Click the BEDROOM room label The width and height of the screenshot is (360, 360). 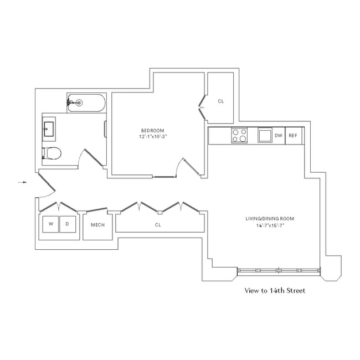153,130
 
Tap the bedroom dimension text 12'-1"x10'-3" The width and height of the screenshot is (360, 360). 153,136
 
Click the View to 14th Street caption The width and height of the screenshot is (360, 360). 275,290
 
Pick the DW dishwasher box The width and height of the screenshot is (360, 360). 279,136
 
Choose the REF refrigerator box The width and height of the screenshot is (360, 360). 294,136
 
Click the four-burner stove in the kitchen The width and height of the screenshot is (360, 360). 239,136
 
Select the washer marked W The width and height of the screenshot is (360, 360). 50,224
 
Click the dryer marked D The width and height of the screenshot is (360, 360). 67,224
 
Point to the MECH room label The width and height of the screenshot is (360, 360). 97,225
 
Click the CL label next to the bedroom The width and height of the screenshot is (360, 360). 220,101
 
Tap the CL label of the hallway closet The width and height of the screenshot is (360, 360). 158,225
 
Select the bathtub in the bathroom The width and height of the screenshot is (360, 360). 86,102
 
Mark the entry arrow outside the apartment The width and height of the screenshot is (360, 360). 22,181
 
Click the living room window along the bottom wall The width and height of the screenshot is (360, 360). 279,271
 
